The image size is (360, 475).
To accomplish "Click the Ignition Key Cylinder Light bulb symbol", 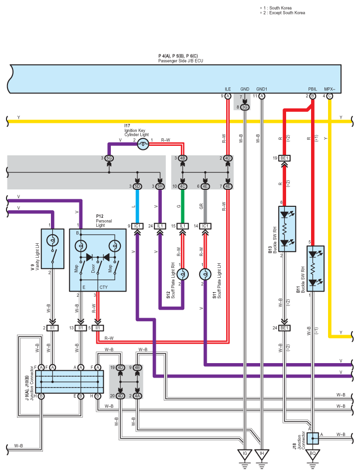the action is point(143,144).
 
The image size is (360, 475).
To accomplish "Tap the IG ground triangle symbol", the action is point(245,454).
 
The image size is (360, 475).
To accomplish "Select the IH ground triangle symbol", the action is point(262,454).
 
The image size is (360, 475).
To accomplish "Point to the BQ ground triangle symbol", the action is point(313,454).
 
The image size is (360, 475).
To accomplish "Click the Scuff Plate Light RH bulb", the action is point(183,274).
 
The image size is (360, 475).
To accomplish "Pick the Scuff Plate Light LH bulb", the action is point(205,274).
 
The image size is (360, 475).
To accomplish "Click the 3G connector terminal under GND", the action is point(245,107).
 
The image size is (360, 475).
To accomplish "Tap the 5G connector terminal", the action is point(109,158).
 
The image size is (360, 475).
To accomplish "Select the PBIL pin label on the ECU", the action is point(313,89).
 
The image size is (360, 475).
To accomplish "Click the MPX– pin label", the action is point(330,89).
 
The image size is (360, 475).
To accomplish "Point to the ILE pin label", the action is point(228,89).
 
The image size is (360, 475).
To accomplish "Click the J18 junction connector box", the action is point(313,439).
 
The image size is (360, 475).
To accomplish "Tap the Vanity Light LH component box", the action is point(52,249).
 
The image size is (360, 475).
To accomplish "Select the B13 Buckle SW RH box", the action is point(287,229).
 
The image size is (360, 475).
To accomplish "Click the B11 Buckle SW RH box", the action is point(316,269).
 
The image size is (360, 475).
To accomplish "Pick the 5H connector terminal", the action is point(160,186).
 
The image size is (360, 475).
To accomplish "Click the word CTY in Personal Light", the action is point(103,287).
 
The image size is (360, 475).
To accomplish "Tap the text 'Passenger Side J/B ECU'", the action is point(181,61).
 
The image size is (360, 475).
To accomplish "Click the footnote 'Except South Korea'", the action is point(287,12).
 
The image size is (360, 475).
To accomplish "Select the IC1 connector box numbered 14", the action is point(205,226).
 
